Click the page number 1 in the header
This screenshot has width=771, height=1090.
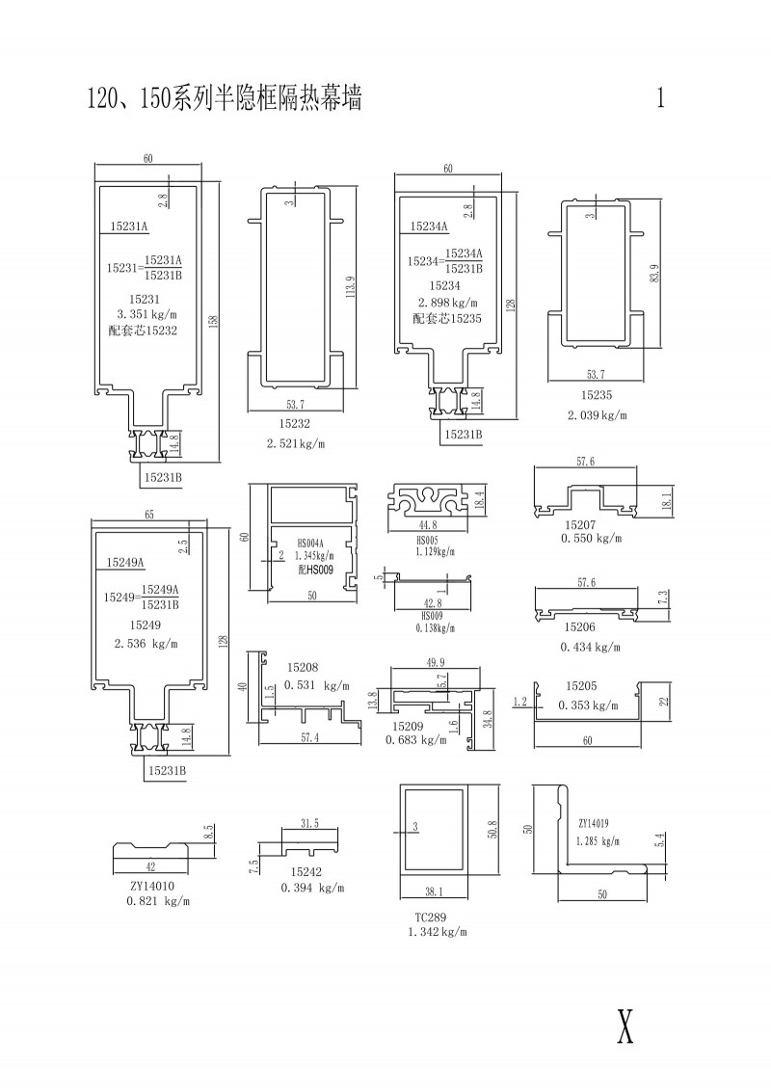click(660, 98)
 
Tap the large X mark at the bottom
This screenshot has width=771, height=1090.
click(625, 1024)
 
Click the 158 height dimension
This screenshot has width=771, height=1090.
click(214, 323)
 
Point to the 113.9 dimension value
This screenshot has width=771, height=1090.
click(349, 288)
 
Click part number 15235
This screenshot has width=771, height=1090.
click(597, 395)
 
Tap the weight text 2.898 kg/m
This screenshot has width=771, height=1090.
click(448, 303)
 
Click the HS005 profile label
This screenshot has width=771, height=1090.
click(427, 540)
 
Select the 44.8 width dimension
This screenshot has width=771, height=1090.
click(428, 525)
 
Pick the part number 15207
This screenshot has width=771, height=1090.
click(580, 525)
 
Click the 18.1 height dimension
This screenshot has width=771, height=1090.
click(667, 501)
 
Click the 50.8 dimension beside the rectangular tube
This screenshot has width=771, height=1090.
click(492, 830)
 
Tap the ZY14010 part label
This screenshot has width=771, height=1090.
click(151, 887)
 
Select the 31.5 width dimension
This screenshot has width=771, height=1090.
click(309, 824)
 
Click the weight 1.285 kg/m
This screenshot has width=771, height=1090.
click(598, 841)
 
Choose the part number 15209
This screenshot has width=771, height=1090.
click(408, 727)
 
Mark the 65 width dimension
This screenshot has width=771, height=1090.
click(148, 515)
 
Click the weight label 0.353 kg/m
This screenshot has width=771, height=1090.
click(588, 705)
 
